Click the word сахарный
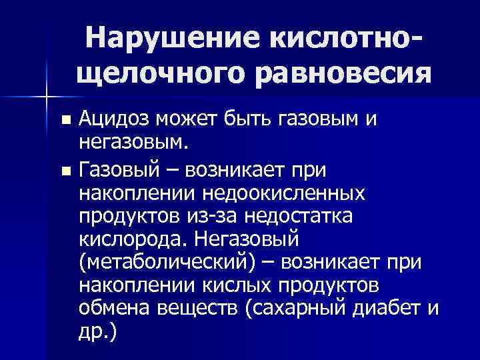[x=289, y=309]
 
